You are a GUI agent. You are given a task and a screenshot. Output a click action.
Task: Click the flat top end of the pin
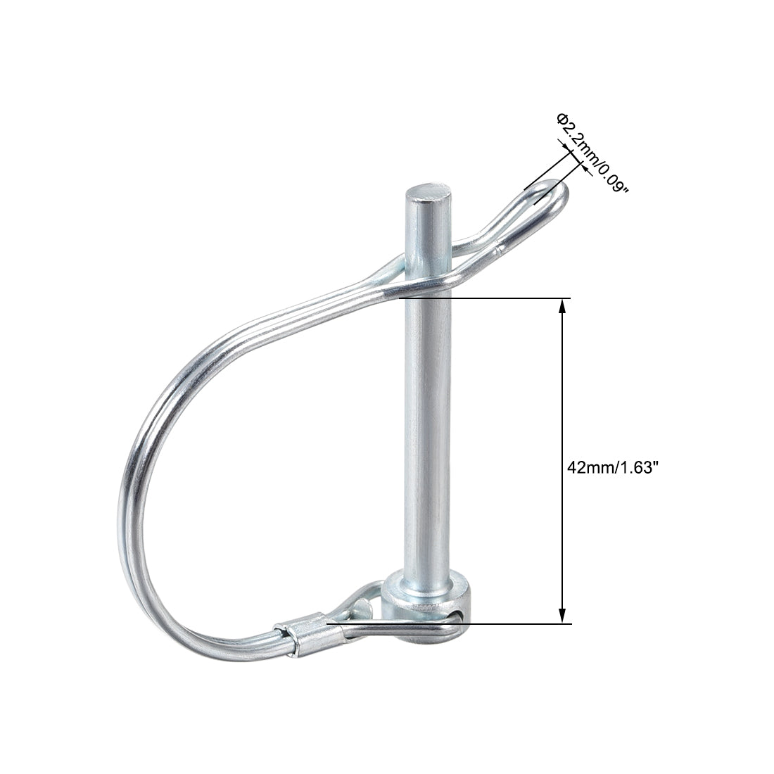[428, 193]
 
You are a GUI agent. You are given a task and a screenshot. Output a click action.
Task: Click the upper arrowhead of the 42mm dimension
[562, 305]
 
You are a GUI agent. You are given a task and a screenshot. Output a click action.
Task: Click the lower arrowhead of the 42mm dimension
[562, 616]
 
